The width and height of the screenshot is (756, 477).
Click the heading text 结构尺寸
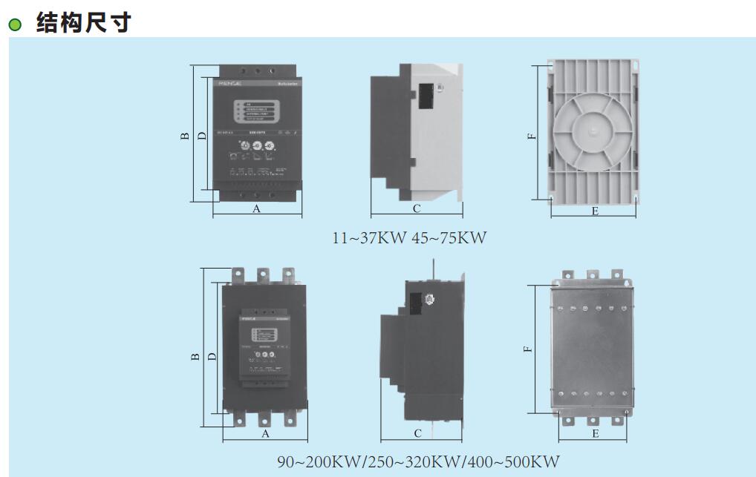pos(84,22)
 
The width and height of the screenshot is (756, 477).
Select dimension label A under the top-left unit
pos(257,209)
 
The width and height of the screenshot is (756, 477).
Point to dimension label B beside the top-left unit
pos(185,136)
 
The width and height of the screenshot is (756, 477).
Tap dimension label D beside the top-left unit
pos(202,136)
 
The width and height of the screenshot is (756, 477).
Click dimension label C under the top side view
pos(417,209)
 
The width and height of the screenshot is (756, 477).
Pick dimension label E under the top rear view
pos(595,211)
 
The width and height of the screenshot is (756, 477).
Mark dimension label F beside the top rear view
pos(531,136)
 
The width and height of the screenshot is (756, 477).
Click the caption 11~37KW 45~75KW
pos(408,238)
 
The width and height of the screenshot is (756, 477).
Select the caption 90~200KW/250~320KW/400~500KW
pos(419,461)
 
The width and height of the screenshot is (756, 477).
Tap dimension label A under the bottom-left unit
pos(264,433)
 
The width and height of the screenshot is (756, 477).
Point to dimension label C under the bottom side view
pos(418,433)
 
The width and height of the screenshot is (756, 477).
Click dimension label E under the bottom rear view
pos(595,434)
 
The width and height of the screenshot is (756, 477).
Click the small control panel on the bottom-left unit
pos(264,346)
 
